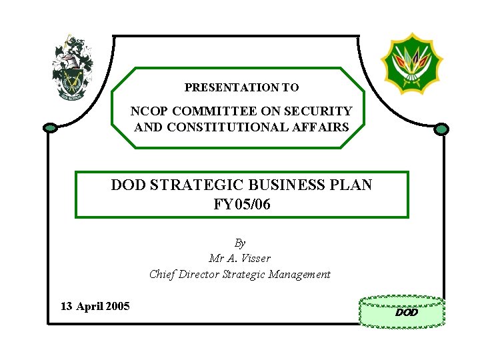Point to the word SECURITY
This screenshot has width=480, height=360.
321,111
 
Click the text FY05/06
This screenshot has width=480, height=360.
241,204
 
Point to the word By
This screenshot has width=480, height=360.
240,243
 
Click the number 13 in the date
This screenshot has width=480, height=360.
66,307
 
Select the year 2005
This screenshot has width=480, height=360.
117,307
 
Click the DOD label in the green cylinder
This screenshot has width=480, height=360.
406,312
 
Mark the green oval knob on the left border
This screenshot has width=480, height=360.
50,127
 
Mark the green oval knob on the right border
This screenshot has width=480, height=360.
441,129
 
